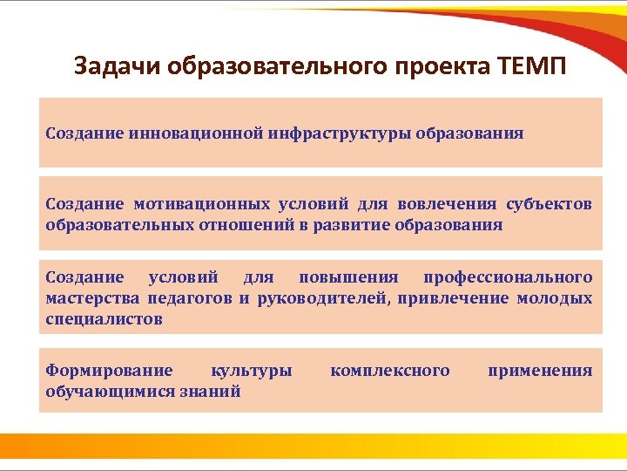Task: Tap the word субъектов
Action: (x=549, y=205)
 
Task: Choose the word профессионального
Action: (x=508, y=277)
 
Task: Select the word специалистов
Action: (x=104, y=319)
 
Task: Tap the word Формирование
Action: (x=109, y=371)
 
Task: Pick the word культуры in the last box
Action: (x=252, y=371)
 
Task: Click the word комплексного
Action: (x=390, y=371)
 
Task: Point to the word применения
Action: (x=540, y=371)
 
